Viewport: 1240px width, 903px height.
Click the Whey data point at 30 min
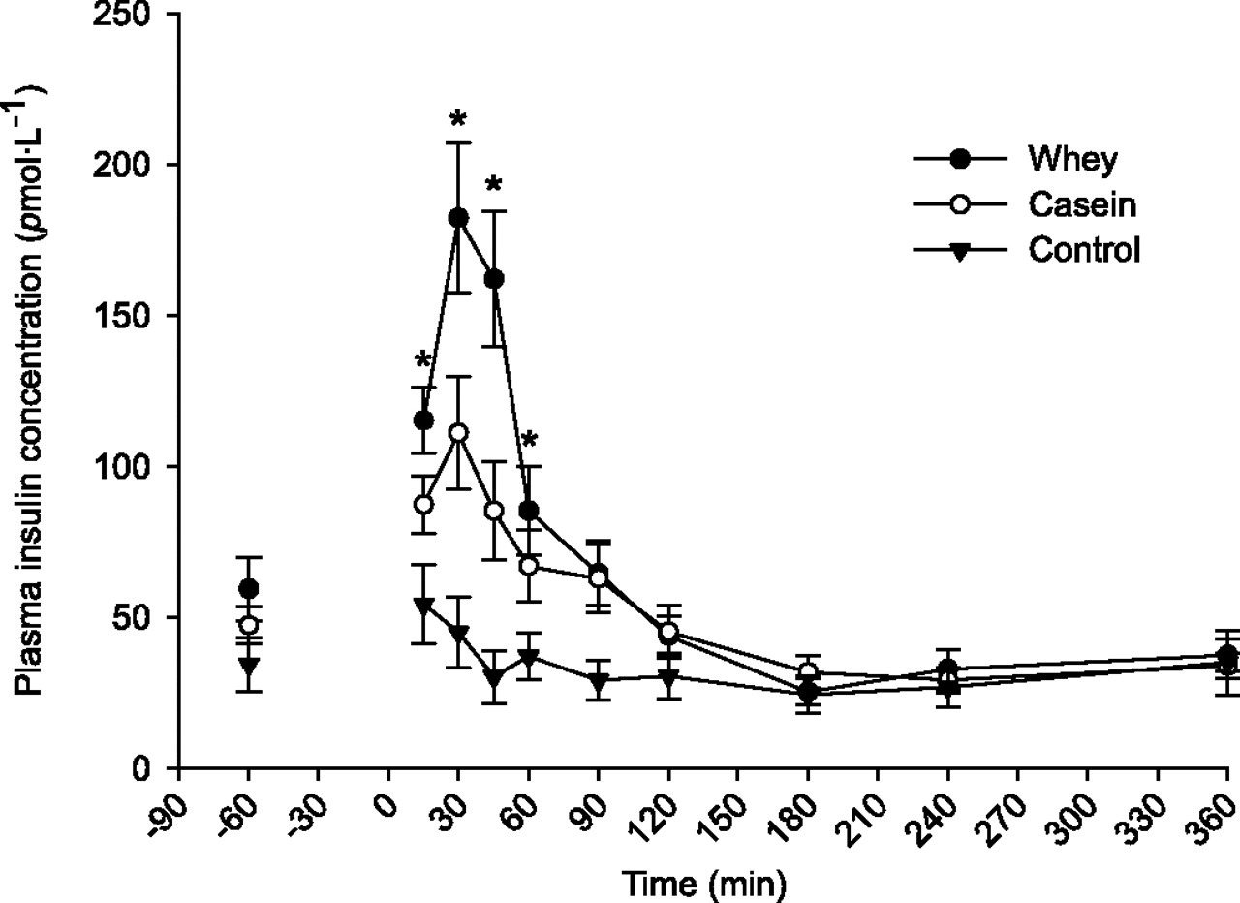pyautogui.click(x=458, y=218)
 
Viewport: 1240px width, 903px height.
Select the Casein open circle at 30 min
pyautogui.click(x=458, y=432)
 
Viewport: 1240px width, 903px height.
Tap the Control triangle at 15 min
pyautogui.click(x=423, y=606)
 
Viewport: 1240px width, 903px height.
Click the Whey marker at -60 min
pyautogui.click(x=249, y=588)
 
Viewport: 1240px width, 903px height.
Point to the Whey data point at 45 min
pyautogui.click(x=493, y=279)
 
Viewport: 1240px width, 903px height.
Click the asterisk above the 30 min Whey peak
pyautogui.click(x=458, y=122)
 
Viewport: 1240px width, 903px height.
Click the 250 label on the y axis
pyautogui.click(x=136, y=15)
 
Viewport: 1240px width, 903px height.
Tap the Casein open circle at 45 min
pyautogui.click(x=493, y=510)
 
